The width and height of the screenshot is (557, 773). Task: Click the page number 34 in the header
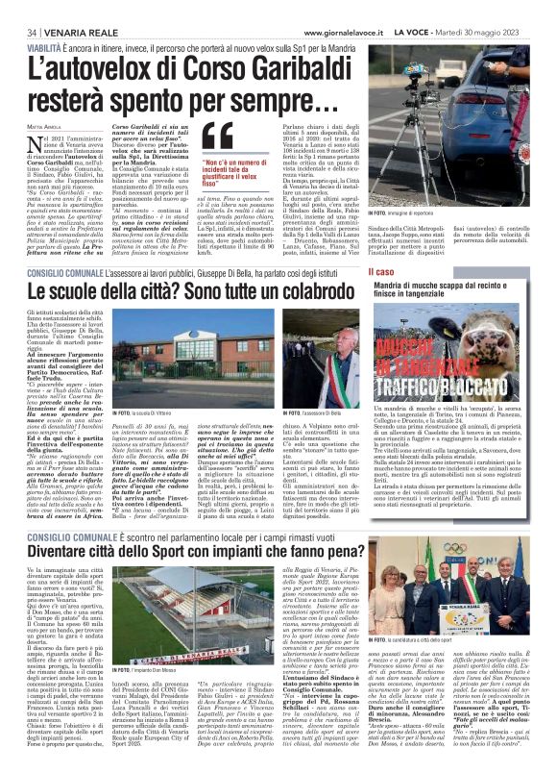(15, 32)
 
